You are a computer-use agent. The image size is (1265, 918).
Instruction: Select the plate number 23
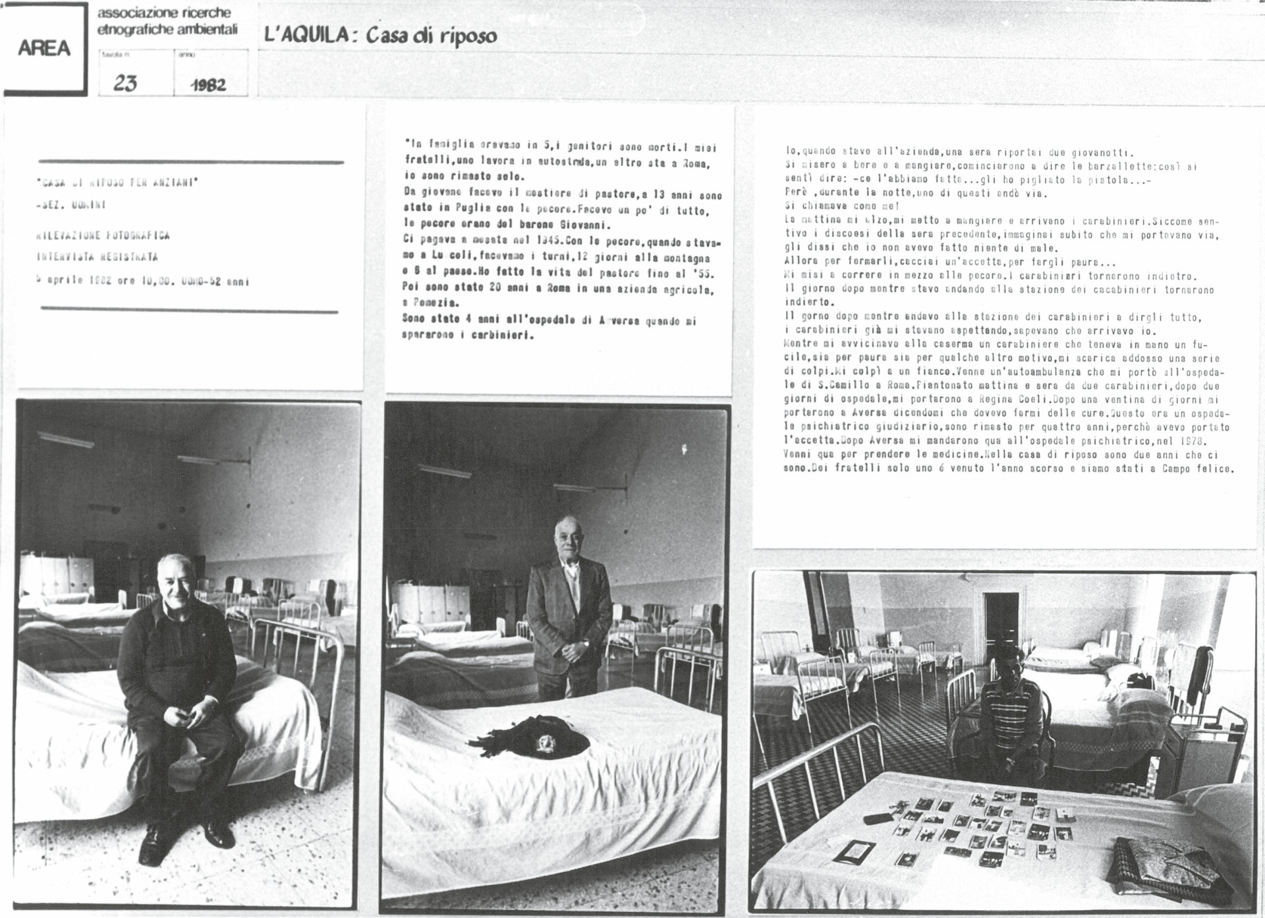tap(125, 84)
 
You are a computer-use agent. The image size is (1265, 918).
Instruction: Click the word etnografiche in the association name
tap(131, 29)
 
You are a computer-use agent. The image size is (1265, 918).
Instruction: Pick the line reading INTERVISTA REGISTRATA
tap(98, 257)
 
